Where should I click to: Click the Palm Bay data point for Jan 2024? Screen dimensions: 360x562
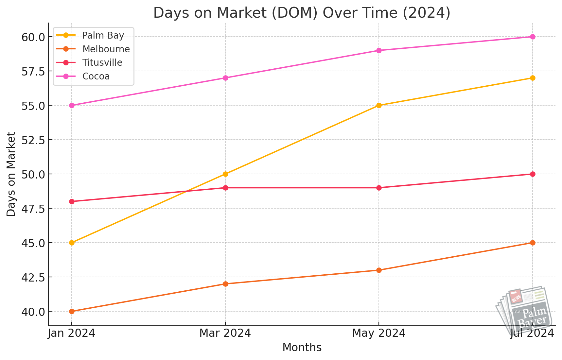click(x=72, y=243)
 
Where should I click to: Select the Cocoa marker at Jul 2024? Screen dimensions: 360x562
click(x=533, y=37)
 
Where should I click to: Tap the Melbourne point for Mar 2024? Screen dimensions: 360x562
click(x=225, y=284)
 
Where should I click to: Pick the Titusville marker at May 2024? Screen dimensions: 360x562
click(x=379, y=188)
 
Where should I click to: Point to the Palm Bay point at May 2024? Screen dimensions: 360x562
click(x=379, y=105)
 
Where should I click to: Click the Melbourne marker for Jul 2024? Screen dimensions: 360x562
click(x=533, y=243)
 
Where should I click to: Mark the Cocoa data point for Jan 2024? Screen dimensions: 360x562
click(x=72, y=105)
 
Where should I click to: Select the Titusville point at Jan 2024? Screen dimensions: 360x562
click(x=72, y=201)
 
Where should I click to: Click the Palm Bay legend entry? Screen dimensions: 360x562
click(x=103, y=35)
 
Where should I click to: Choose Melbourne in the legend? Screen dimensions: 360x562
click(x=106, y=49)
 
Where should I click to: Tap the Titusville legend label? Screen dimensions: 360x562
click(x=102, y=63)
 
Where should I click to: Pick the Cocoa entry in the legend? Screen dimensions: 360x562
click(x=96, y=77)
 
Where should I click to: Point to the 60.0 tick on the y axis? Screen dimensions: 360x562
click(x=33, y=37)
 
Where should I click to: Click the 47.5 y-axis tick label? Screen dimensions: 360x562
click(x=33, y=209)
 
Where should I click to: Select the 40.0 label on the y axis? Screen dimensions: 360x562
click(x=33, y=312)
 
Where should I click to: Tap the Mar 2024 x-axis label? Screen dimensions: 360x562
click(x=225, y=333)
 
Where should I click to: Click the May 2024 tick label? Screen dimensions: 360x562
click(x=379, y=333)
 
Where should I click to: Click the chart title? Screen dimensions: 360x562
click(x=302, y=13)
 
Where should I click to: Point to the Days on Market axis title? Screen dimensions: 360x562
click(x=11, y=174)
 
